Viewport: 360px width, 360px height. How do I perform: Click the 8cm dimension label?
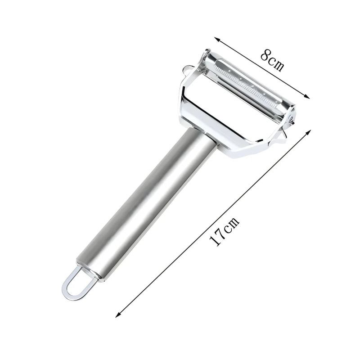[272, 61]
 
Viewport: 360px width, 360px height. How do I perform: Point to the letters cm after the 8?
[276, 64]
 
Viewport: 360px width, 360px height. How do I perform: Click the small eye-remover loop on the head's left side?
[185, 70]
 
